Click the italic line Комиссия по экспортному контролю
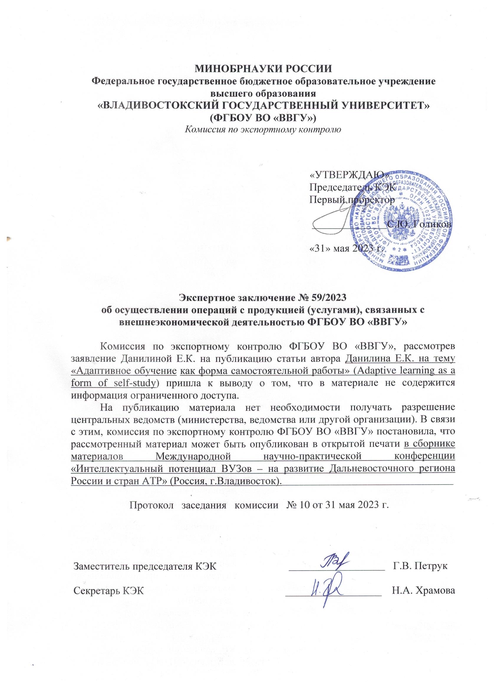(263, 129)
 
